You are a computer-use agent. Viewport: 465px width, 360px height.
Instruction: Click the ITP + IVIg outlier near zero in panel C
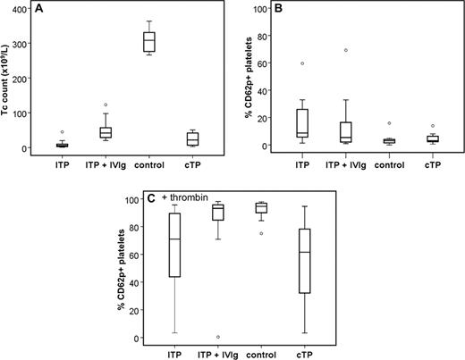(219, 337)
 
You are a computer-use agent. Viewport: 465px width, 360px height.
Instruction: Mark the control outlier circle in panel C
(261, 233)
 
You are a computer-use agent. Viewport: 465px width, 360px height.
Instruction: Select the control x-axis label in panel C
(261, 355)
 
